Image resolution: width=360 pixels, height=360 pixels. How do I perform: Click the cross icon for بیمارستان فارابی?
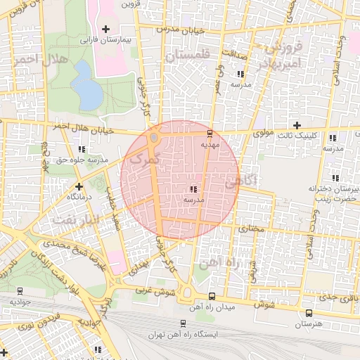pos(105,29)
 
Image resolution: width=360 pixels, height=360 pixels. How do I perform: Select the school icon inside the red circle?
pos(193,188)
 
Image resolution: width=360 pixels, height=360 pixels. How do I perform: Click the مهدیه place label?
pos(211,144)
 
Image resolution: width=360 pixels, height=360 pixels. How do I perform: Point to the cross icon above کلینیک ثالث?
pos(297,124)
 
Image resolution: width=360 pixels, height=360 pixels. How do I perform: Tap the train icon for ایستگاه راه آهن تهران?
pos(183,324)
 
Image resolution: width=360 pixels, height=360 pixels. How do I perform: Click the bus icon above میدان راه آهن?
pos(212,297)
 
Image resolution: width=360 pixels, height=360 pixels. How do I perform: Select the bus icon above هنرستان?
pos(308,313)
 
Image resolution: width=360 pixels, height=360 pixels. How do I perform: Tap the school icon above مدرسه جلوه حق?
pos(82,149)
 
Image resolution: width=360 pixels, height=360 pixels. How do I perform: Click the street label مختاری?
pos(251,229)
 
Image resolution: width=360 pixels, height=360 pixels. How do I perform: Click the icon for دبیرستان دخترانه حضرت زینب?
pos(334,178)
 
